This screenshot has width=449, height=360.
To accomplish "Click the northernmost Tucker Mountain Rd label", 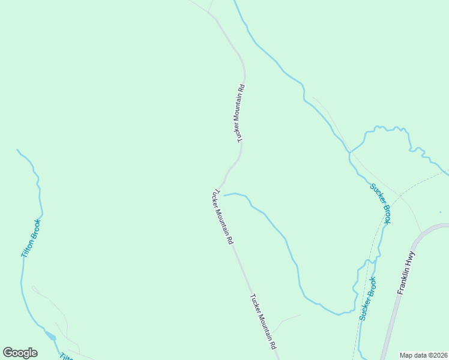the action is pyautogui.click(x=241, y=113).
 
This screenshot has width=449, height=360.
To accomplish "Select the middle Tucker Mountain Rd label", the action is pyautogui.click(x=221, y=217).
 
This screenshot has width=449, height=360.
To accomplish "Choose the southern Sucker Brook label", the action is pyautogui.click(x=367, y=298).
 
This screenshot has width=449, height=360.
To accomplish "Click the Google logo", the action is pyautogui.click(x=20, y=353).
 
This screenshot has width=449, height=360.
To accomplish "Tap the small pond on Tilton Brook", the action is pyautogui.click(x=52, y=337).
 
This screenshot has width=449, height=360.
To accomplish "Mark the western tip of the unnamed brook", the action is pyautogui.click(x=224, y=195).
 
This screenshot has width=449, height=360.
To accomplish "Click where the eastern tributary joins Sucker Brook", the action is pyautogui.click(x=349, y=152).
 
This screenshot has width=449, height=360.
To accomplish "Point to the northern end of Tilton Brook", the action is pyautogui.click(x=17, y=150).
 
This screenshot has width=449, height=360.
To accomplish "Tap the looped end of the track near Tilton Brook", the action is pyautogui.click(x=34, y=289).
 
